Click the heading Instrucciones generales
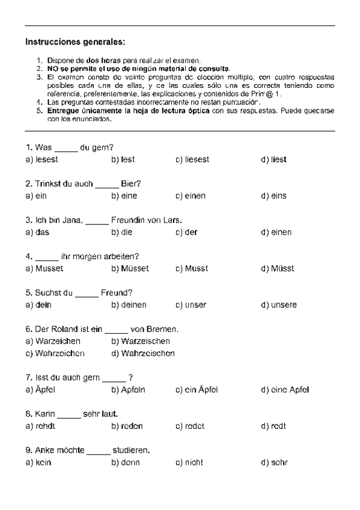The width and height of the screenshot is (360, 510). tap(75, 42)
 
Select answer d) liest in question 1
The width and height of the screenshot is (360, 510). tap(273, 159)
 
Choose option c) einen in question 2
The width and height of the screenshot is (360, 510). tap(191, 196)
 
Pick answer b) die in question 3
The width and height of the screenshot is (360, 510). tap(123, 232)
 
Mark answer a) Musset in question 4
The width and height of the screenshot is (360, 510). tap(44, 269)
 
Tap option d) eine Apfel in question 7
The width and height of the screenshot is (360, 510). tap(285, 390)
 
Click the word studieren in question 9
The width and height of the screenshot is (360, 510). tap(131, 450)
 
